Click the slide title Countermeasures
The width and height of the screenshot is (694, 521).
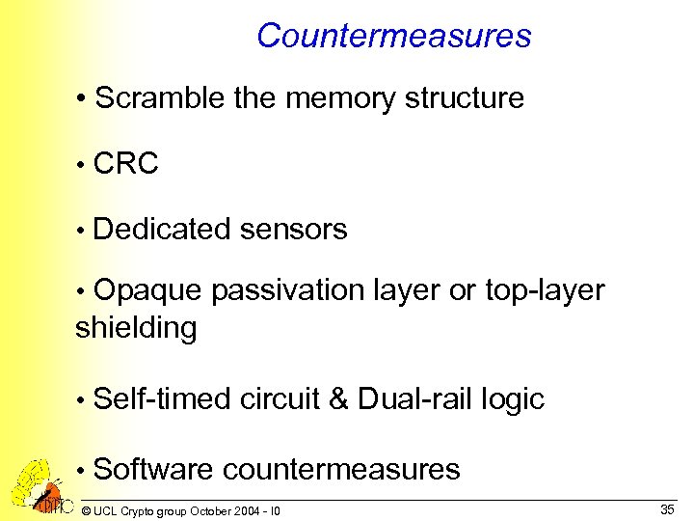[393, 37]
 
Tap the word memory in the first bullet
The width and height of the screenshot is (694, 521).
[353, 98]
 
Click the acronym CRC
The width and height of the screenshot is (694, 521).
[126, 164]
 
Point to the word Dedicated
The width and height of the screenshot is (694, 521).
[163, 230]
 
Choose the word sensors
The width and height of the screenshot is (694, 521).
[293, 230]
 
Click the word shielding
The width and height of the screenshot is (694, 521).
[136, 328]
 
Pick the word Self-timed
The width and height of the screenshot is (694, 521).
[163, 399]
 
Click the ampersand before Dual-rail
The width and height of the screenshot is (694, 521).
[338, 399]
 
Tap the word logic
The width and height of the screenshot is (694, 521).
[516, 399]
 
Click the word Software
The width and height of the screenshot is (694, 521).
[154, 470]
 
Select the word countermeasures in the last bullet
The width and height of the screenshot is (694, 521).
[341, 470]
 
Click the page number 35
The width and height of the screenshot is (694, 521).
[667, 508]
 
